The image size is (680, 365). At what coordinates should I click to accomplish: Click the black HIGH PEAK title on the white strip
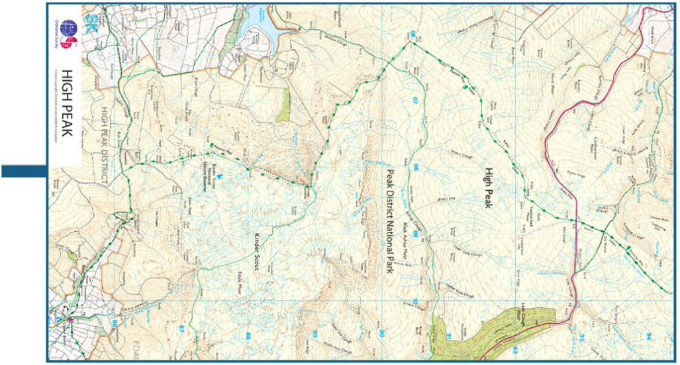66,105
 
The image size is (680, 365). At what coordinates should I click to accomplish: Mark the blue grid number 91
448,338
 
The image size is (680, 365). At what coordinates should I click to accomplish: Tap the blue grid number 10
416,303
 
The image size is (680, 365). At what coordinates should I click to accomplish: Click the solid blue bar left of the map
23,172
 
